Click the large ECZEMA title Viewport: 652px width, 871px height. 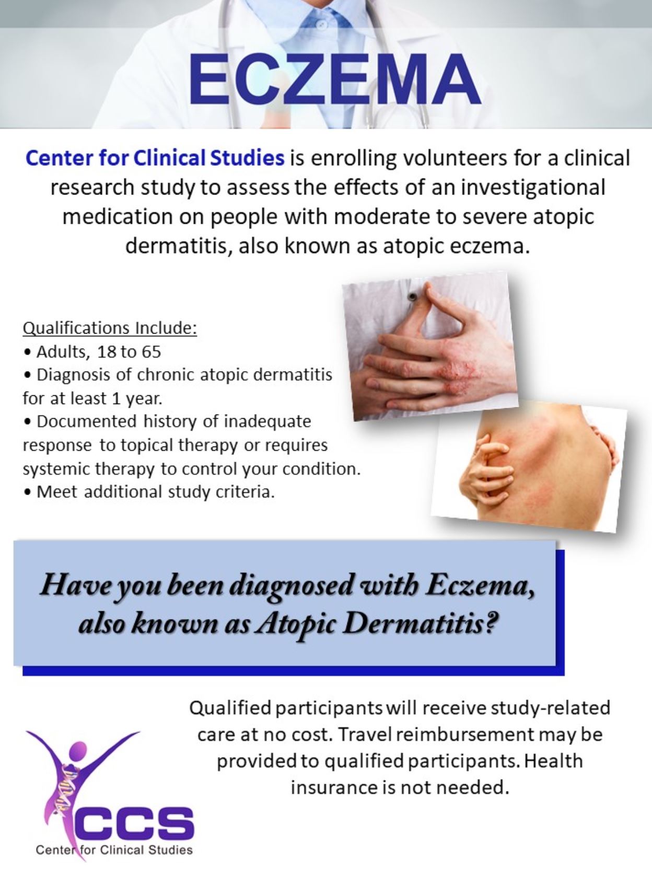point(335,79)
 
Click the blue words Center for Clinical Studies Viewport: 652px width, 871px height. point(155,158)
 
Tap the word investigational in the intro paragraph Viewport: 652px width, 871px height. point(533,188)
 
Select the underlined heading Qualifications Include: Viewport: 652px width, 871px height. point(110,328)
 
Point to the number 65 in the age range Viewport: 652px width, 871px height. point(151,352)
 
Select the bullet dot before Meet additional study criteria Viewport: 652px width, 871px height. point(27,492)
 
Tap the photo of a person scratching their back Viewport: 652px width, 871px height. point(530,467)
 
